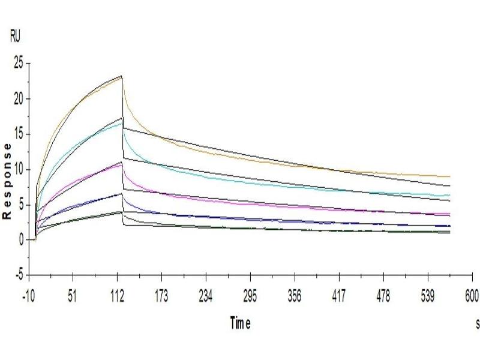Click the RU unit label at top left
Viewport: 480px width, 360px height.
click(x=15, y=37)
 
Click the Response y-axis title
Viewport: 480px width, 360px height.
click(x=7, y=181)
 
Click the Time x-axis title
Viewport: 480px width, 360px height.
click(x=240, y=323)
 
